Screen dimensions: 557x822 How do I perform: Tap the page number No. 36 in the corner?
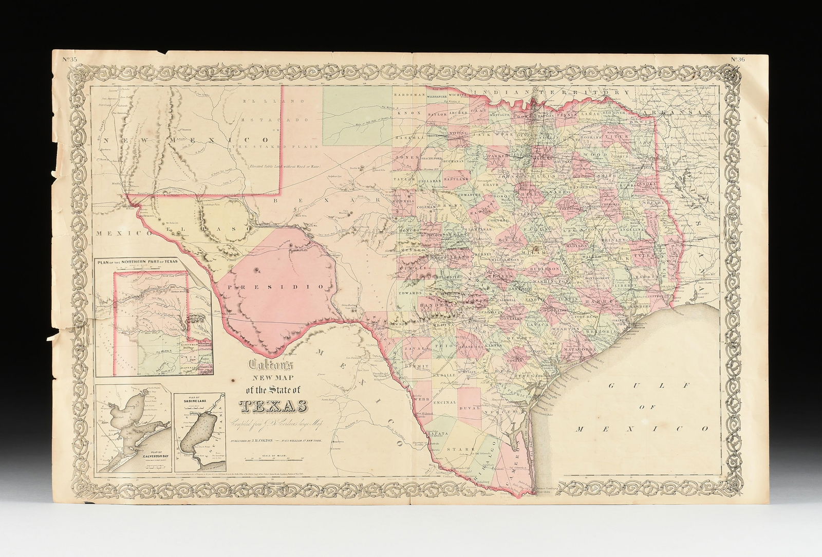point(743,60)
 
